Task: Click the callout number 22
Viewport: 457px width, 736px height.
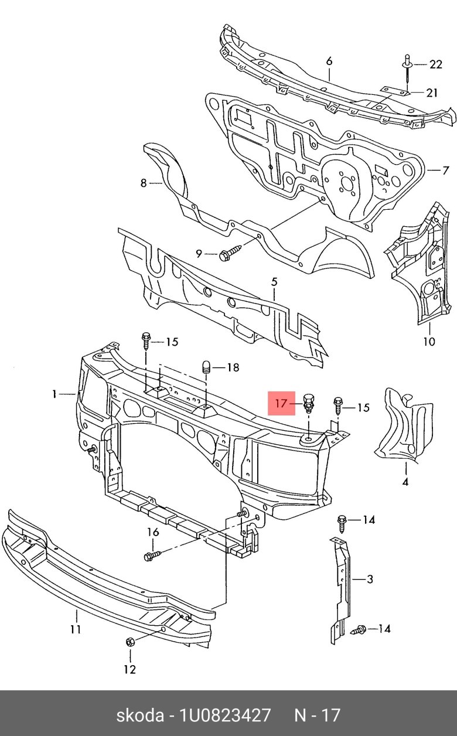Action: coord(435,64)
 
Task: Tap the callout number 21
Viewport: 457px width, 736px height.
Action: coord(431,92)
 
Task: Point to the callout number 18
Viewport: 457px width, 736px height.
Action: coord(233,367)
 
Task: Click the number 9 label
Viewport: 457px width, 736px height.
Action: coord(199,254)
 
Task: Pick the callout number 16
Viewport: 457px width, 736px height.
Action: coord(153,532)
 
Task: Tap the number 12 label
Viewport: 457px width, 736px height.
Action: coord(129,669)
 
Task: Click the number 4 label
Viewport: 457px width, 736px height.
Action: coord(405,482)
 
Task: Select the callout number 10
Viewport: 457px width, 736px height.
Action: coord(429,341)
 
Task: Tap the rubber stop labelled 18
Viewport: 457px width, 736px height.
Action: coord(206,368)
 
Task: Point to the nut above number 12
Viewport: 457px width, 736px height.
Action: coord(130,642)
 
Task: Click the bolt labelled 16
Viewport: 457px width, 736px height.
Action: coord(151,555)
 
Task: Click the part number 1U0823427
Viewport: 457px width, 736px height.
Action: coord(226,715)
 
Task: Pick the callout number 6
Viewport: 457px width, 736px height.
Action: coord(329,62)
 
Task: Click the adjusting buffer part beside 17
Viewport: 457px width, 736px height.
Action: coord(308,404)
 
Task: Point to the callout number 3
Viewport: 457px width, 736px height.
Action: coord(370,580)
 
